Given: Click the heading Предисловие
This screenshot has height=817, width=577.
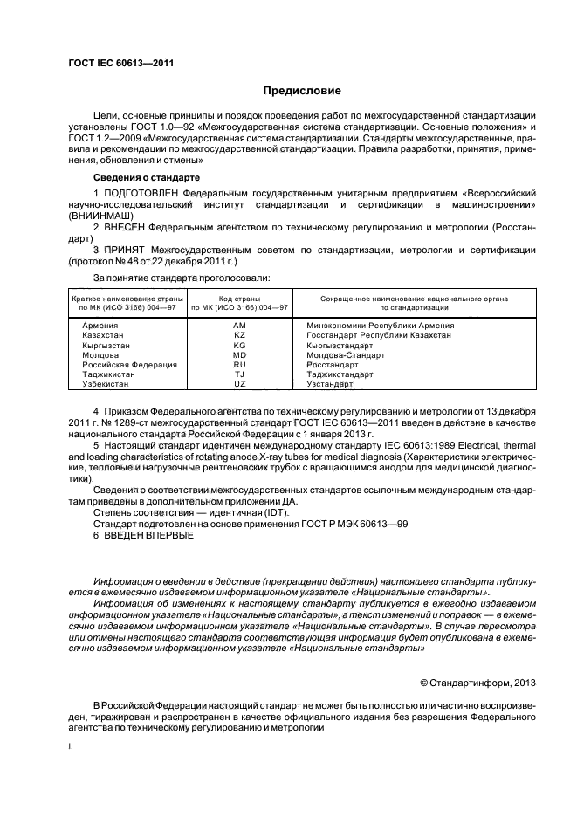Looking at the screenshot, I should coord(302,91).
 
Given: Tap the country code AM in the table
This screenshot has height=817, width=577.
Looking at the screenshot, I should coord(240,325).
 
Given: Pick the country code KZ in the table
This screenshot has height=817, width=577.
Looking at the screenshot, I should coord(240,334).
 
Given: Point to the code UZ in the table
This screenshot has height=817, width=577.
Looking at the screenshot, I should coord(240,383).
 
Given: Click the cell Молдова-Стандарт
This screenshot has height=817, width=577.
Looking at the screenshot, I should coord(346,354).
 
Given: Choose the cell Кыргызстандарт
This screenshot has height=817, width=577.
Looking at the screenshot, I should coord(341,345).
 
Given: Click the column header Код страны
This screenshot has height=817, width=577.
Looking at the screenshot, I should coord(240,298).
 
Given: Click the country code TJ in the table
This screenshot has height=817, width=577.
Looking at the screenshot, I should coord(240,374).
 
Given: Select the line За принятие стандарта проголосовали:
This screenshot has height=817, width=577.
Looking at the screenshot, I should coord(181,278).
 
